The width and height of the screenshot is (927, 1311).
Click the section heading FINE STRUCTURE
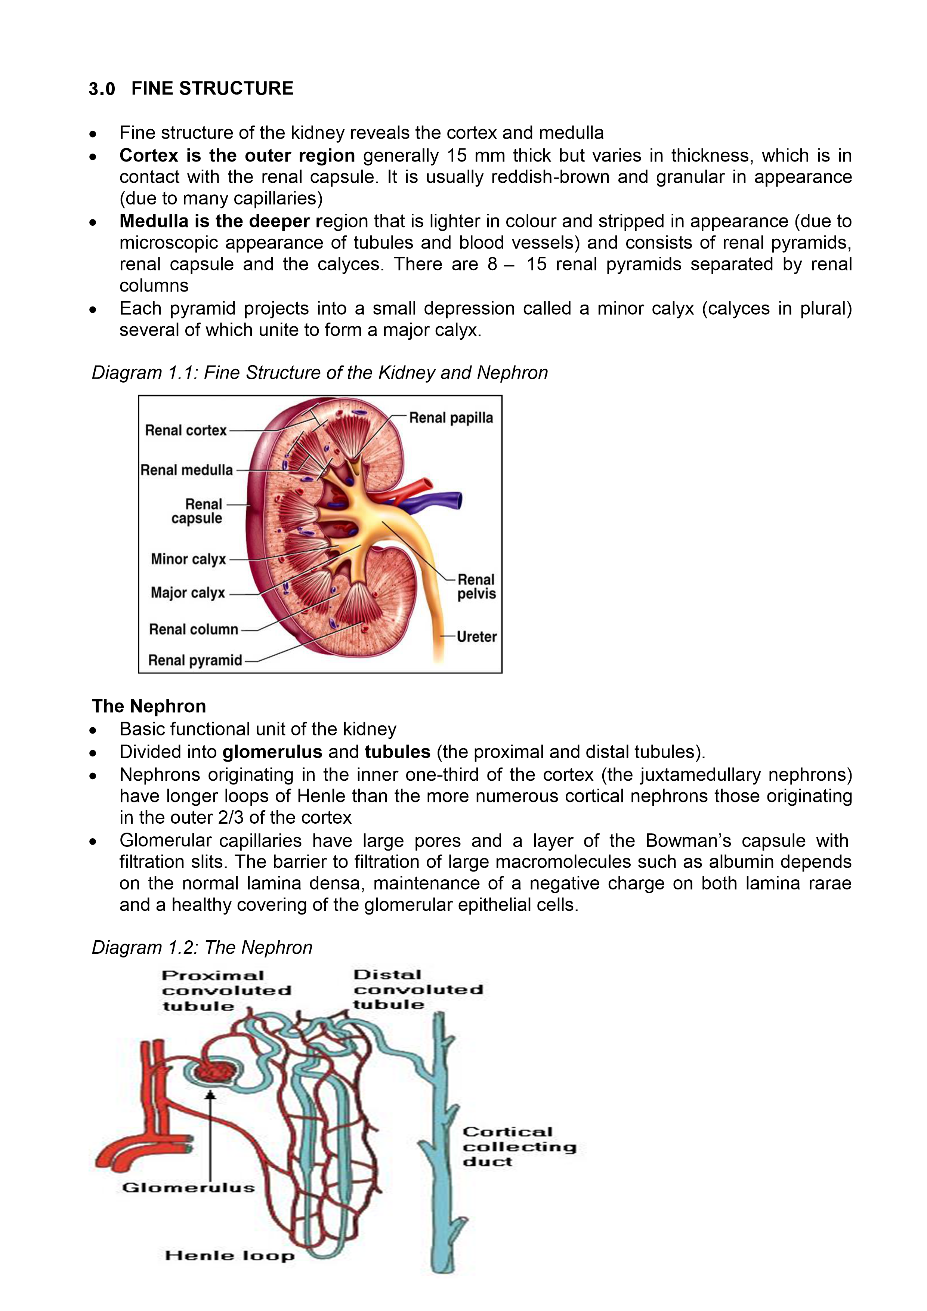pyautogui.click(x=212, y=89)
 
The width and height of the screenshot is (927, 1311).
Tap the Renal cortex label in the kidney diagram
pyautogui.click(x=186, y=431)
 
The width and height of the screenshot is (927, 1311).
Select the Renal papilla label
pyautogui.click(x=451, y=418)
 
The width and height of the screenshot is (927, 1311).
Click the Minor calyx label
pyautogui.click(x=188, y=559)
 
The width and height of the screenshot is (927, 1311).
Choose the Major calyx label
pyautogui.click(x=188, y=593)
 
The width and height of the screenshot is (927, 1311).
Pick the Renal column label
pyautogui.click(x=194, y=630)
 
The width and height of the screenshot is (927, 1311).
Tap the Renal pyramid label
pyautogui.click(x=195, y=661)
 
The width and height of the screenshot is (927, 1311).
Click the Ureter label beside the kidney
pyautogui.click(x=477, y=637)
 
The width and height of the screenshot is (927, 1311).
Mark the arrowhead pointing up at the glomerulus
pyautogui.click(x=211, y=1095)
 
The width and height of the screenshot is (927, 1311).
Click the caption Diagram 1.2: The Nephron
pyautogui.click(x=202, y=947)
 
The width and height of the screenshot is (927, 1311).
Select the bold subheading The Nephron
pyautogui.click(x=149, y=706)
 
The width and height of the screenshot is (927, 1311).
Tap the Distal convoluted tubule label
pyautogui.click(x=418, y=990)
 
